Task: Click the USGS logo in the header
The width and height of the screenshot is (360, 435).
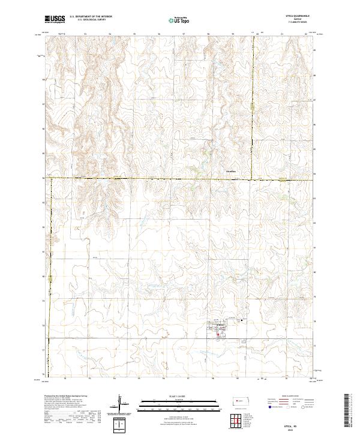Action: [55, 20]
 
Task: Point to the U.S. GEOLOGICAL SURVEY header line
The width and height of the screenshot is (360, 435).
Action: [88, 21]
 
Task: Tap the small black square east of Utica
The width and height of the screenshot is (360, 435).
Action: [241, 320]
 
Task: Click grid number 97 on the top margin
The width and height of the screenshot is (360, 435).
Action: [183, 34]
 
